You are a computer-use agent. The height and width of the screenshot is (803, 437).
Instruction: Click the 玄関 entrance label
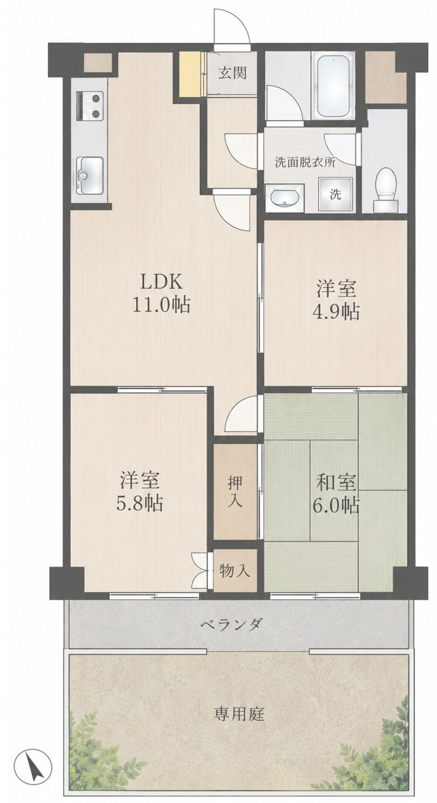[x=232, y=74]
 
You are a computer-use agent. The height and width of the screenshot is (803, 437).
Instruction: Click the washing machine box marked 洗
[x=335, y=194]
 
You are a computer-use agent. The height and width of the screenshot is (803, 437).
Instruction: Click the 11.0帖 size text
[x=162, y=305]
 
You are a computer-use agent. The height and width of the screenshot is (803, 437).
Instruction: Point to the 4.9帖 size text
[x=336, y=311]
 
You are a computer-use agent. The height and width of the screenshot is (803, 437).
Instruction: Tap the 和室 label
[x=336, y=483]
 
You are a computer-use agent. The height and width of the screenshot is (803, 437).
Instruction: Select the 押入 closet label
[x=234, y=491]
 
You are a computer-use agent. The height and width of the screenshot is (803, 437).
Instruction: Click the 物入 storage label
[x=235, y=571]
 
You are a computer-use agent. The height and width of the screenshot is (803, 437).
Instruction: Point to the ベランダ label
[x=232, y=624]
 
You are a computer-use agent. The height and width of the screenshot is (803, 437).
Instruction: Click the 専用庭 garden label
[x=239, y=714]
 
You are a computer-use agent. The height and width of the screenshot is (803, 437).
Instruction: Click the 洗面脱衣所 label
[x=305, y=164]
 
